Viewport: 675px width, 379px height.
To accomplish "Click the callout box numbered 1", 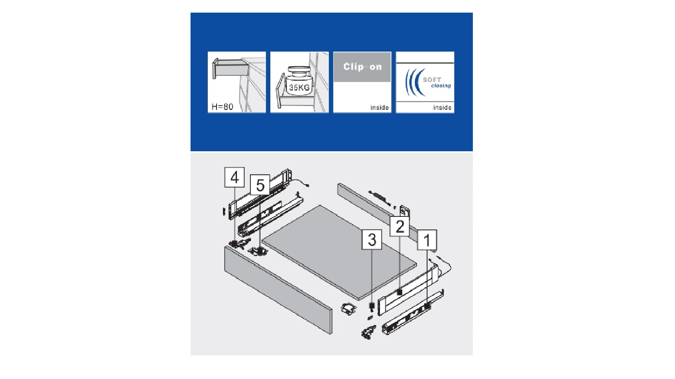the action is pos(427,240).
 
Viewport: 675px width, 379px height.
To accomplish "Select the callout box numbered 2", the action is pos(400,226).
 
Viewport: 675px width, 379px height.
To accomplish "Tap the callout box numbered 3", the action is pos(372,240).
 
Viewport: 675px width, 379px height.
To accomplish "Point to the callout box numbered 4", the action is pos(234,177).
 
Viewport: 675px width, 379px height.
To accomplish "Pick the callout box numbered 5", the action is pos(260,185).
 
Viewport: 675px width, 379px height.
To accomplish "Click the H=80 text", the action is pos(222,106).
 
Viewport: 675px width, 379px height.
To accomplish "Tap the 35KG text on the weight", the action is pos(299,88).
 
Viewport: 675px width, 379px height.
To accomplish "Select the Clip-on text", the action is pos(362,67).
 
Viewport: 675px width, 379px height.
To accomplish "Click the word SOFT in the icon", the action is pos(432,80).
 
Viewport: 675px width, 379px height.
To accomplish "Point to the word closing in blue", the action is pos(441,86).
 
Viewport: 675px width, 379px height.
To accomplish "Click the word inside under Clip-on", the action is pos(379,107).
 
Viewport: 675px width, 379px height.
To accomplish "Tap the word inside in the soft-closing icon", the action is pos(442,107).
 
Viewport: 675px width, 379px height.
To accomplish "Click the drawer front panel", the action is pos(278,290).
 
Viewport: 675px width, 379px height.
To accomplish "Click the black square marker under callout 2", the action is pos(400,292).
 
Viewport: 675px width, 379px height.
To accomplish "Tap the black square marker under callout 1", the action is pos(427,306).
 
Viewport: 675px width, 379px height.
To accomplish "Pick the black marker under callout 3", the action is pos(372,306).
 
